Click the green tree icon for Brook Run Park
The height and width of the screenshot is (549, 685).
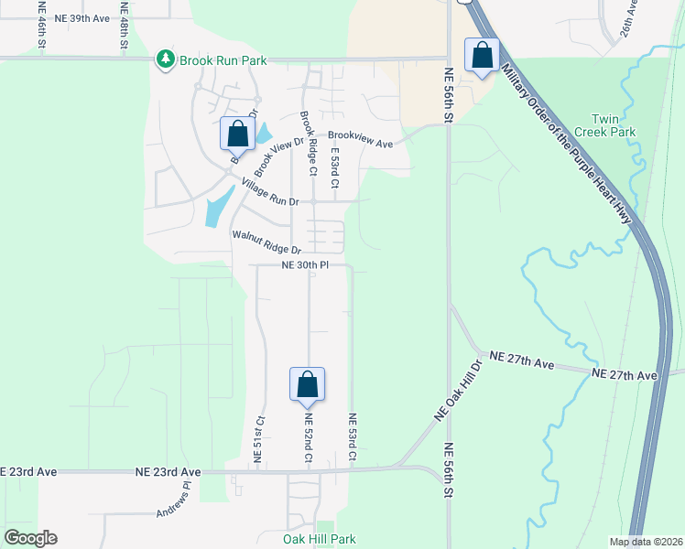point(165,59)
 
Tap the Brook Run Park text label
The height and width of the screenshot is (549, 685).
point(223,60)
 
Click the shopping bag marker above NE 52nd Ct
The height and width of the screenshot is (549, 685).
point(307,384)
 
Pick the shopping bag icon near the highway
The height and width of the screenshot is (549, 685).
point(482,56)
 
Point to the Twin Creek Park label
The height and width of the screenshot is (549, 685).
point(614,125)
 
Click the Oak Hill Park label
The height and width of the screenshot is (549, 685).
point(319,539)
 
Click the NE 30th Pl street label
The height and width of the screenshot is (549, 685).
point(304,265)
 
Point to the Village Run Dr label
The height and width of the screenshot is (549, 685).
point(270,193)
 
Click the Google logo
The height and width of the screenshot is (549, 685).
point(30,538)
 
